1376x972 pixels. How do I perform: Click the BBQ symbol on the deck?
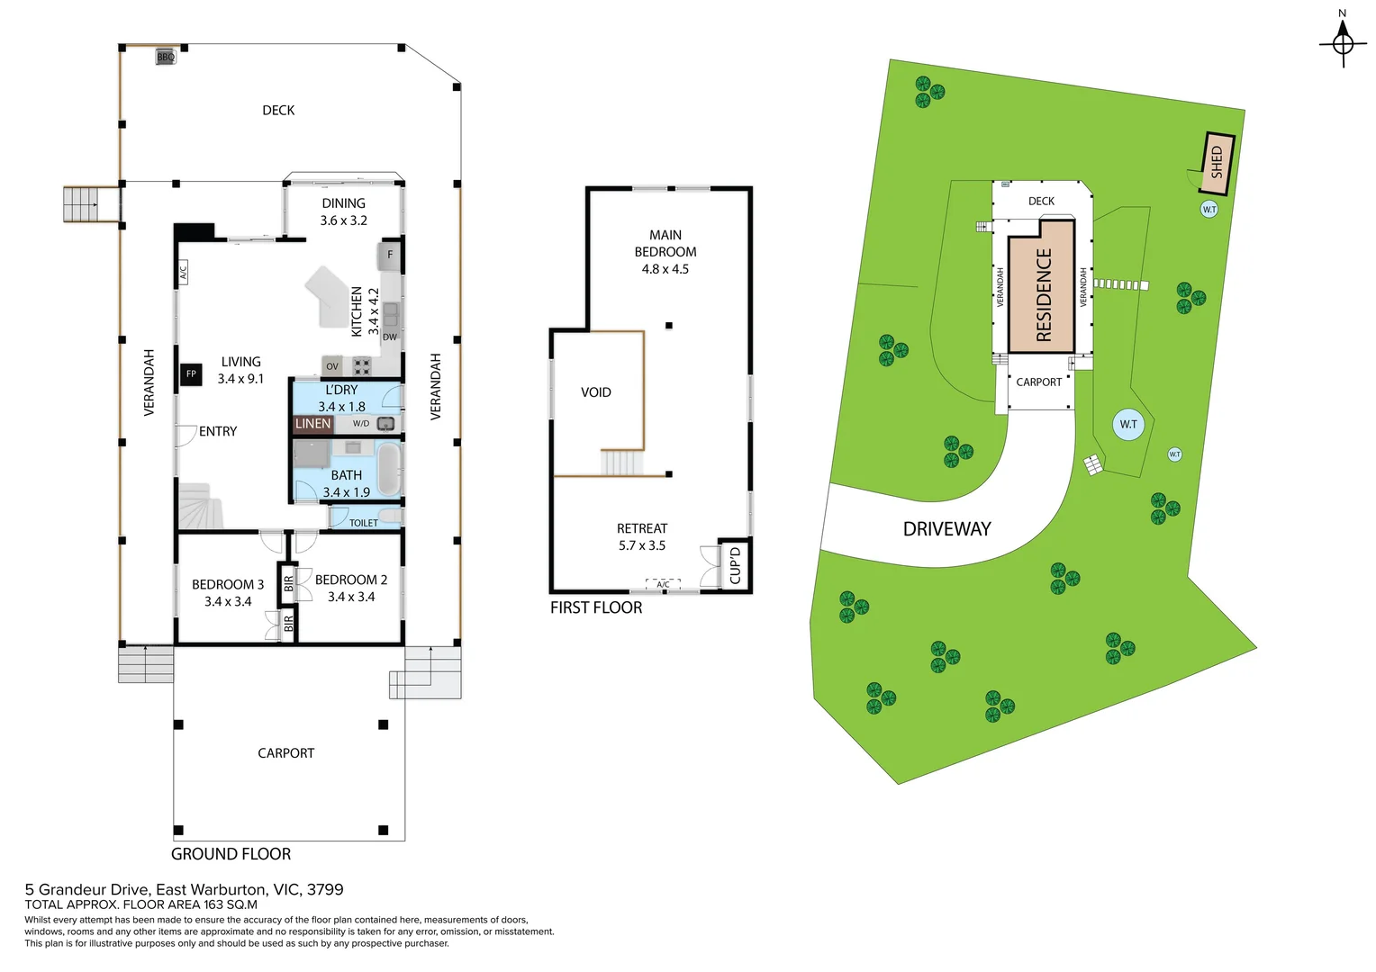point(166,57)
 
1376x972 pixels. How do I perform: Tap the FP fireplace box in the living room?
point(191,373)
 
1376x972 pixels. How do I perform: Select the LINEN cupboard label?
point(312,424)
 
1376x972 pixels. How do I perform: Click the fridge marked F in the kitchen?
point(390,255)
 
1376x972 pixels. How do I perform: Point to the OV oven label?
point(332,366)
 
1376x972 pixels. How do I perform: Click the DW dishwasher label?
point(390,337)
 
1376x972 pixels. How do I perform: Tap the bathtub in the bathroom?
point(388,467)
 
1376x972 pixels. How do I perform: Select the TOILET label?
point(364,523)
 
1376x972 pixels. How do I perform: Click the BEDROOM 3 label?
point(228,584)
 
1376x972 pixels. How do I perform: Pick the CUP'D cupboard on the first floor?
point(735,565)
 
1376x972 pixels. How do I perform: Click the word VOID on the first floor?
point(596,392)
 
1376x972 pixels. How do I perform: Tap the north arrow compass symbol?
point(1343,41)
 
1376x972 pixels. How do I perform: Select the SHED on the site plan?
point(1218,163)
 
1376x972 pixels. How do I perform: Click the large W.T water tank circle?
point(1128,424)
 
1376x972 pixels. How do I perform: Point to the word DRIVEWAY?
point(946,529)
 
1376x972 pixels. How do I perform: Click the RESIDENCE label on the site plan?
point(1043,294)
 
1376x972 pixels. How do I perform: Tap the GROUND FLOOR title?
point(231,854)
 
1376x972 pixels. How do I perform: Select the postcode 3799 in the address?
point(325,889)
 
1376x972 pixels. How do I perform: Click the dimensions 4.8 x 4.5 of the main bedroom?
point(665,269)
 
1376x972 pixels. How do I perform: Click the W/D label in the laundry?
point(361,424)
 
